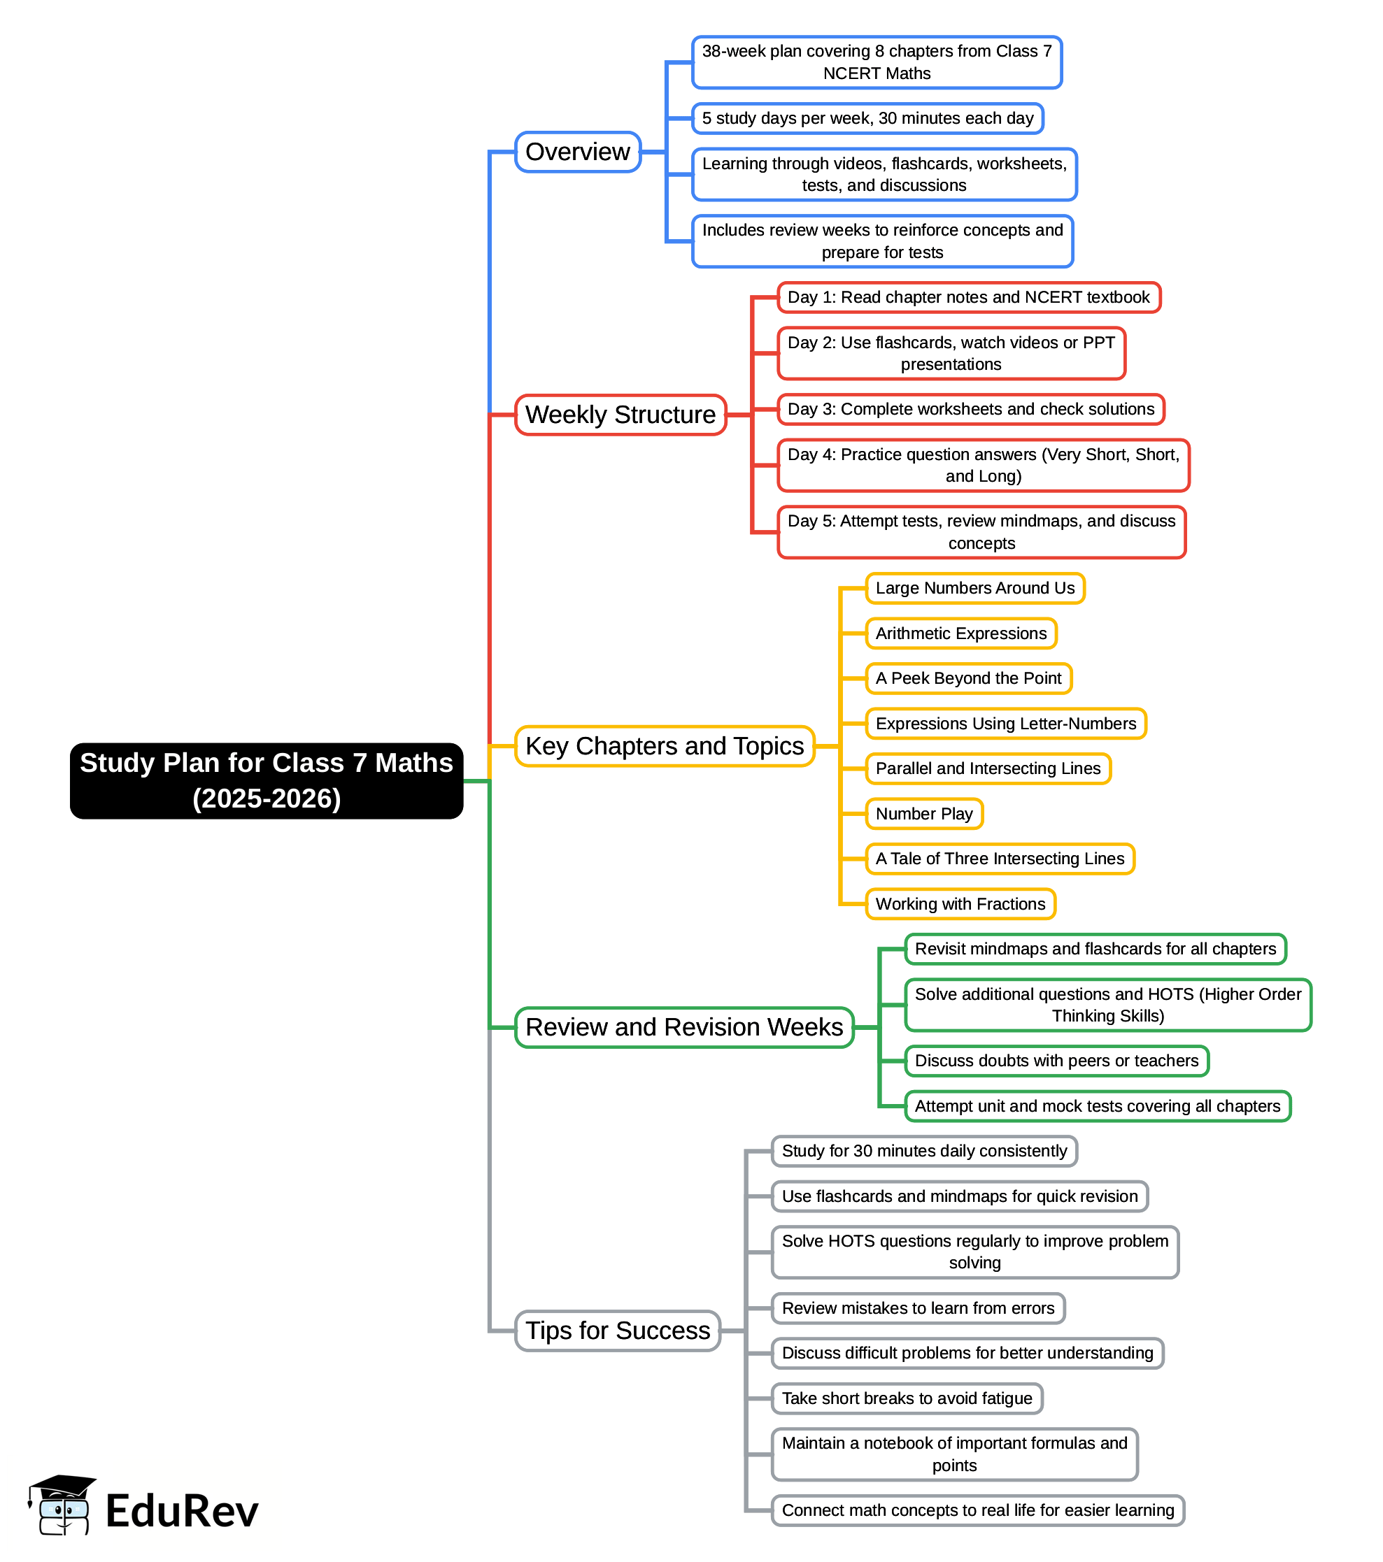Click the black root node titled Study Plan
[266, 780]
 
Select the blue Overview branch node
[577, 152]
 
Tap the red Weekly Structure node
[620, 415]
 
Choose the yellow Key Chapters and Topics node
[665, 746]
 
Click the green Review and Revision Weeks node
[684, 1027]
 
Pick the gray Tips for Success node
[618, 1331]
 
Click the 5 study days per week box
[867, 118]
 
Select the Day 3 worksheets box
[970, 409]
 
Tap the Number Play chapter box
[923, 813]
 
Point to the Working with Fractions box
[960, 903]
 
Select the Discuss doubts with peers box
[1056, 1061]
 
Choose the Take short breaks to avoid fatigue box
[907, 1398]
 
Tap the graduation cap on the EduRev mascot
[63, 1486]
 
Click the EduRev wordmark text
[182, 1511]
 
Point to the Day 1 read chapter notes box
[968, 297]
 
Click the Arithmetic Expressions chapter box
[960, 633]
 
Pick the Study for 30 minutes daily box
[923, 1151]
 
